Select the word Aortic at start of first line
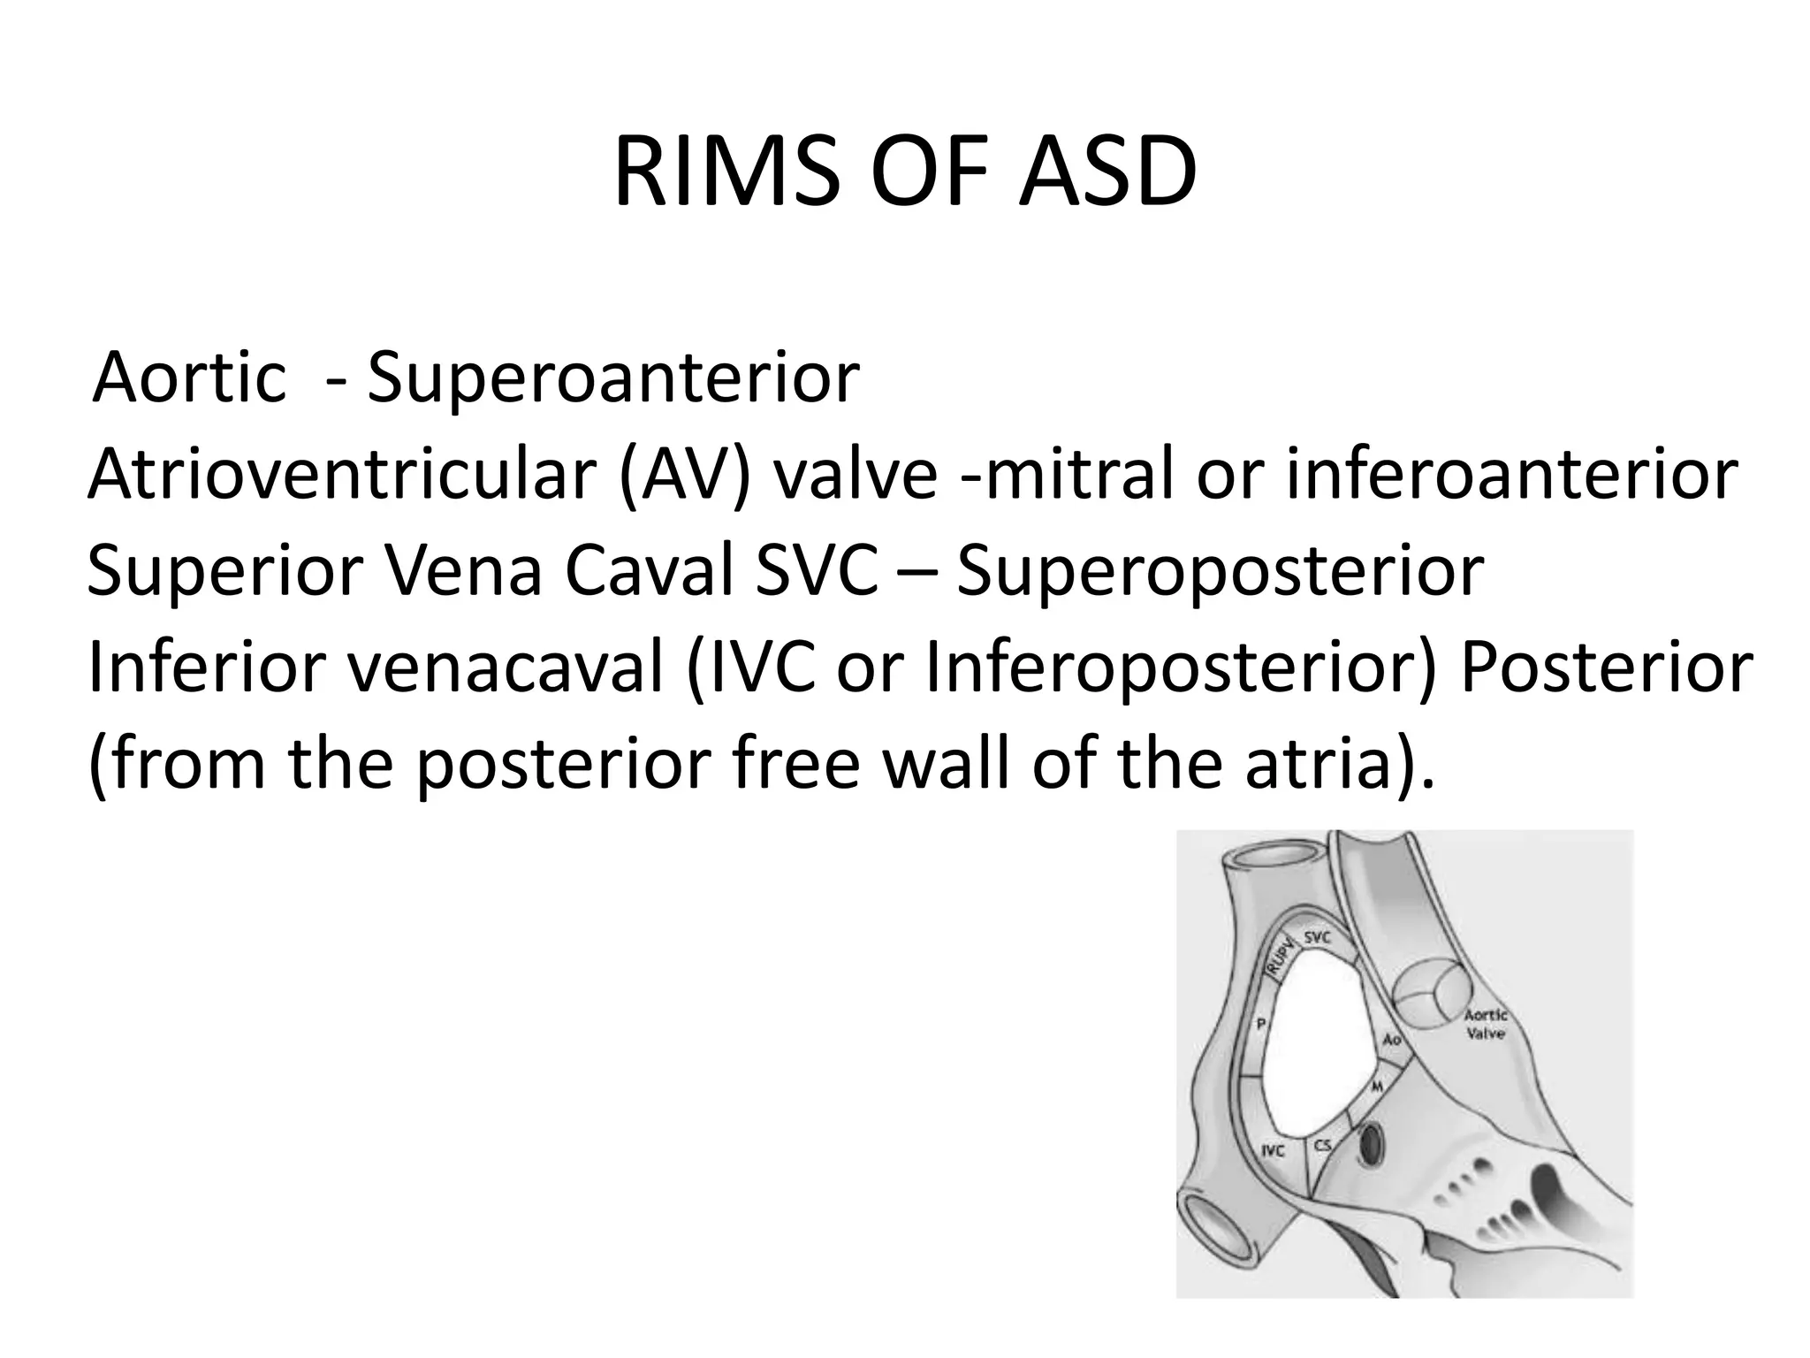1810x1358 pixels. (x=190, y=378)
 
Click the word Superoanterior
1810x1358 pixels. (x=612, y=378)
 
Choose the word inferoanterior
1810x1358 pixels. (x=1512, y=476)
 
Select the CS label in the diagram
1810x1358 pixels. (x=1322, y=1146)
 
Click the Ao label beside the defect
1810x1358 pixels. (x=1391, y=1041)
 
